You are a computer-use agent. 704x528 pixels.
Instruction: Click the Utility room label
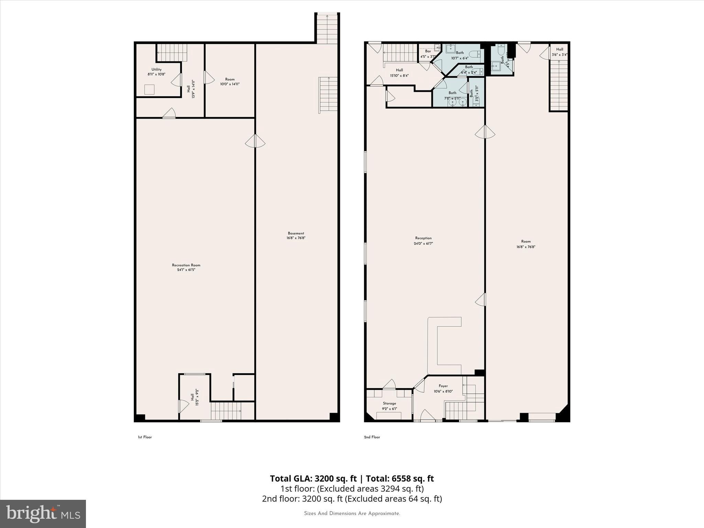156,71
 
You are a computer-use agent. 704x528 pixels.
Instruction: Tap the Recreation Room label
186,267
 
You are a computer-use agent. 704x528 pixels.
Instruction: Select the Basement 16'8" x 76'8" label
296,235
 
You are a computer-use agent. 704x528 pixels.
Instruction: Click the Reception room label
423,241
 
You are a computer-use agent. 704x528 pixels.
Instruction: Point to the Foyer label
443,388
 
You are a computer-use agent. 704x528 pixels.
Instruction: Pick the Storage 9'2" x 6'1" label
389,406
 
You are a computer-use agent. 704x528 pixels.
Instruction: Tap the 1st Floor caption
145,437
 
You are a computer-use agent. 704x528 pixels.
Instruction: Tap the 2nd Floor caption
372,437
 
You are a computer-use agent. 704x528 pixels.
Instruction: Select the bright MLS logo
43,514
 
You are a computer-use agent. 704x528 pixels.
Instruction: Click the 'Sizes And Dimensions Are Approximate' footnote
352,514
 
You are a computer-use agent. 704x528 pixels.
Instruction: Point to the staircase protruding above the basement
327,29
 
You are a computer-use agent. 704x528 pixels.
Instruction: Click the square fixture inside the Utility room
150,89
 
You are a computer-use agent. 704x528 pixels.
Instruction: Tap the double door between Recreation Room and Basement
255,141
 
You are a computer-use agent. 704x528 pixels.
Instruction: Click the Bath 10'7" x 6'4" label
460,55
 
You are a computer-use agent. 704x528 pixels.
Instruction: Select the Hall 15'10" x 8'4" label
399,73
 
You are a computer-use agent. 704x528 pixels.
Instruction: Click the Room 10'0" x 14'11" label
230,81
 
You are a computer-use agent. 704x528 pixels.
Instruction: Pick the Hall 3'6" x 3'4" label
559,52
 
